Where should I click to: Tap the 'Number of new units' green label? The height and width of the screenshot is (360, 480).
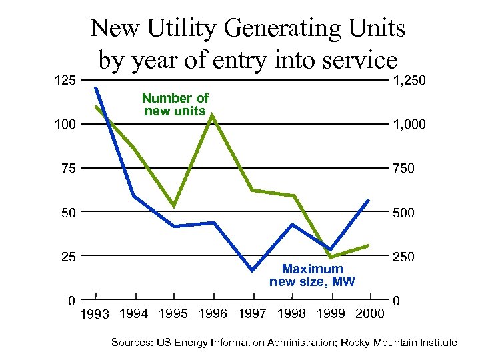[175, 105]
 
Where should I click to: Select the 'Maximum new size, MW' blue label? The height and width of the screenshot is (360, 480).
[312, 275]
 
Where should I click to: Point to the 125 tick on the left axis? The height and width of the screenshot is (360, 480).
[64, 81]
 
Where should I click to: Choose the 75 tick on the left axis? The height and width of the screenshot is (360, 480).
[68, 169]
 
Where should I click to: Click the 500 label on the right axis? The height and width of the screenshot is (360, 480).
[403, 213]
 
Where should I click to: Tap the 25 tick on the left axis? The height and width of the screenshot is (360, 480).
[68, 257]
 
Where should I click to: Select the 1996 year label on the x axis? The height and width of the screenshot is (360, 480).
[212, 313]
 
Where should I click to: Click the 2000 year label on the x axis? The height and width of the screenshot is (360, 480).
[370, 313]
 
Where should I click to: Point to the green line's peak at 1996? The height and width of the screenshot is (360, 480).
[212, 115]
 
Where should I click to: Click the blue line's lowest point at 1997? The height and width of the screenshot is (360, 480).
[253, 270]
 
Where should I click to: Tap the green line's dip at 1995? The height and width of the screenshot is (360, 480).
[173, 205]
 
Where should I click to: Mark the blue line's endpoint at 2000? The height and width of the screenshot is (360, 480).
[369, 200]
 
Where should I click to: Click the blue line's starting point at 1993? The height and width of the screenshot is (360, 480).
[95, 87]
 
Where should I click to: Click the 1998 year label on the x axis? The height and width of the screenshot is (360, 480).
[291, 313]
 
